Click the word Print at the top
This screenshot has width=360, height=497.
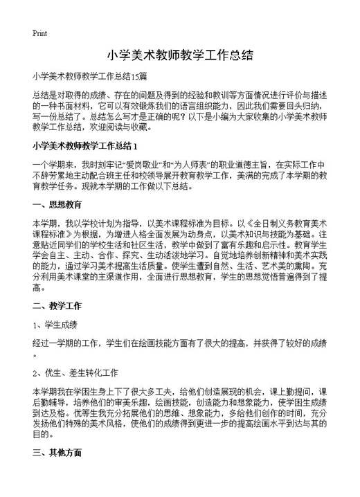pyautogui.click(x=39, y=33)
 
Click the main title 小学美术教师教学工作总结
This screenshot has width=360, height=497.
pyautogui.click(x=179, y=55)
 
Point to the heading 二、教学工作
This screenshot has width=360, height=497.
pyautogui.click(x=57, y=284)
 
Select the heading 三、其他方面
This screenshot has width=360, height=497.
pyautogui.click(x=57, y=453)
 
